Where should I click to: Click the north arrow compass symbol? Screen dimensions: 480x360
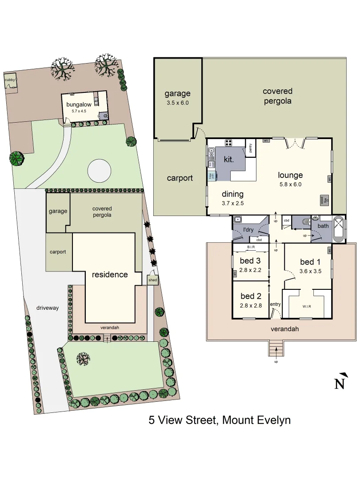pos(340,381)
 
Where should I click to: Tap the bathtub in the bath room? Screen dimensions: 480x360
pos(339,228)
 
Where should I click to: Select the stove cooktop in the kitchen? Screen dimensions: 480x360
pos(229,143)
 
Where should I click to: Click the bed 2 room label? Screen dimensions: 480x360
pos(250,296)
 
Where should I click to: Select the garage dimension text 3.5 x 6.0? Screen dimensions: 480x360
pos(177,103)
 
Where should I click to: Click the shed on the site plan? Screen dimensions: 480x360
pos(152,280)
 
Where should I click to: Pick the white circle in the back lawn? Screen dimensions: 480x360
pos(99,170)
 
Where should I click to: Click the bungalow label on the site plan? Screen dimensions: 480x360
pos(78,104)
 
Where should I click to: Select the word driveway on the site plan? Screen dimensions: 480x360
pos(48,308)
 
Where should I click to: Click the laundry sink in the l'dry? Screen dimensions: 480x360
pos(238,219)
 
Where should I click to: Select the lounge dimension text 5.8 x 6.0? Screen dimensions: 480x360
pos(290,184)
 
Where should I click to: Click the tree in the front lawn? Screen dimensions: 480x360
pos(83,358)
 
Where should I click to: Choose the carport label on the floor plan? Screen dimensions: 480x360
pos(180,178)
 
